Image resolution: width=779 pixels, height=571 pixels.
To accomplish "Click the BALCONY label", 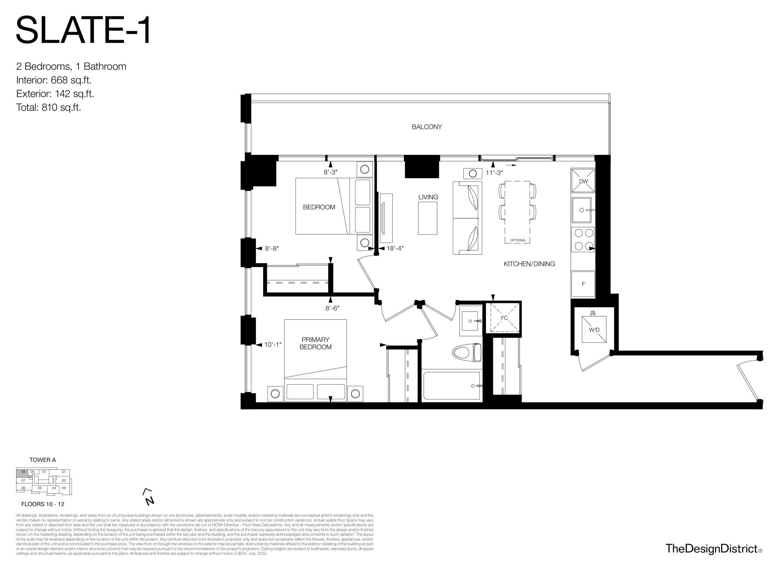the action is [x=427, y=127].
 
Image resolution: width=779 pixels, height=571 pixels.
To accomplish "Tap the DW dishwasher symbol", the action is [x=583, y=180].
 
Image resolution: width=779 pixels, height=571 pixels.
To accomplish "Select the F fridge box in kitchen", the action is [x=583, y=284].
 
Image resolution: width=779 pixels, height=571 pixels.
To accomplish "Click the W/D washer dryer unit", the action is [x=594, y=329].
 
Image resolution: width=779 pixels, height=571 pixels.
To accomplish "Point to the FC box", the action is [x=505, y=318].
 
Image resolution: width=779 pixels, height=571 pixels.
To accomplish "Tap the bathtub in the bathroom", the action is [x=452, y=385].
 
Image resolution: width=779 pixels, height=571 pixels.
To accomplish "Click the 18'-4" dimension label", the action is [x=395, y=248].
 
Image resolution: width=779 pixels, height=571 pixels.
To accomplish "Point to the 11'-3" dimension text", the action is [x=494, y=173].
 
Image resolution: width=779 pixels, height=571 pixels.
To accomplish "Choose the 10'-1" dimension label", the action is [x=273, y=345].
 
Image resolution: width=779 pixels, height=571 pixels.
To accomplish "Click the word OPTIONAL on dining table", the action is [x=518, y=240].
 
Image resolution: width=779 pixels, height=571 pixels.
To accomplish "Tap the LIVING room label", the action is [x=428, y=197].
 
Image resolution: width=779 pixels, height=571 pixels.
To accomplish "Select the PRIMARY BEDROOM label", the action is [x=315, y=343].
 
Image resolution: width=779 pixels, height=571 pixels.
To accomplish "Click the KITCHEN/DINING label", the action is [x=529, y=264].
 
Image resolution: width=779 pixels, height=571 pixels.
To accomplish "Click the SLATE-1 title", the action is [x=83, y=30].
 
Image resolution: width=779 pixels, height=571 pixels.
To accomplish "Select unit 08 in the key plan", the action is [x=23, y=472].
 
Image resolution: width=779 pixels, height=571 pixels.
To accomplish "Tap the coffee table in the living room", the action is [x=428, y=218].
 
